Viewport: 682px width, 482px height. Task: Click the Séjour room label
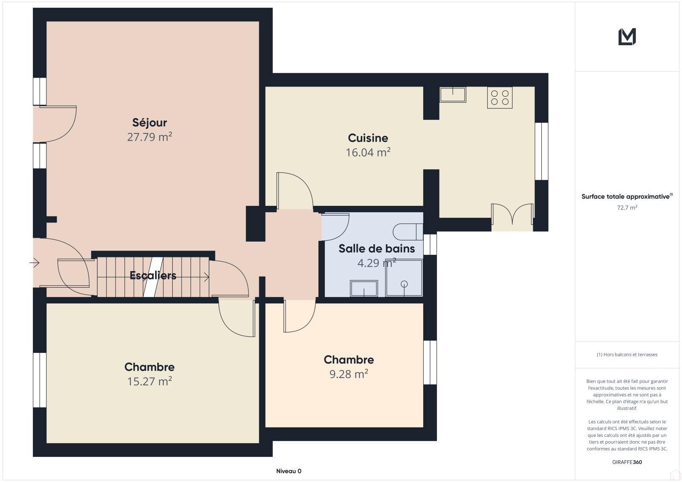[150, 123]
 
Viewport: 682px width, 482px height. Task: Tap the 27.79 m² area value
[150, 137]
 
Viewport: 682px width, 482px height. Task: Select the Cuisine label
[368, 138]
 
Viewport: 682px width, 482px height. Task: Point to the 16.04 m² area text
[368, 152]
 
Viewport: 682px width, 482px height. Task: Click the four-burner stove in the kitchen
[500, 98]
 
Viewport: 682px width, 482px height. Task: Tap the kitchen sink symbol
[453, 94]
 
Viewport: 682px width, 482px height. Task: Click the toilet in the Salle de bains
[407, 232]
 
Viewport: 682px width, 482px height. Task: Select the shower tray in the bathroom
[404, 277]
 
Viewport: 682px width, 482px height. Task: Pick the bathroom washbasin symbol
[364, 288]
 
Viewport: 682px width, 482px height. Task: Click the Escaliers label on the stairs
[153, 275]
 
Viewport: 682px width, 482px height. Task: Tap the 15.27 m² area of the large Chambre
[150, 381]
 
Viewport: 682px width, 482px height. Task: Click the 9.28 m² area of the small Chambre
[349, 374]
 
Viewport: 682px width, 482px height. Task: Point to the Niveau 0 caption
[289, 471]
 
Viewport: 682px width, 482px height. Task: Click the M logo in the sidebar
[627, 37]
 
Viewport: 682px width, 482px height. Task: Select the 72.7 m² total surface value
[627, 208]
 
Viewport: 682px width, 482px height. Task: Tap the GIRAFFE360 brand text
[627, 462]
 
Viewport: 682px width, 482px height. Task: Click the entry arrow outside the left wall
[35, 263]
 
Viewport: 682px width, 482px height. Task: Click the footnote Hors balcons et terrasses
[627, 355]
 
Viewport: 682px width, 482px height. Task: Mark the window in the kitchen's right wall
[541, 151]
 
